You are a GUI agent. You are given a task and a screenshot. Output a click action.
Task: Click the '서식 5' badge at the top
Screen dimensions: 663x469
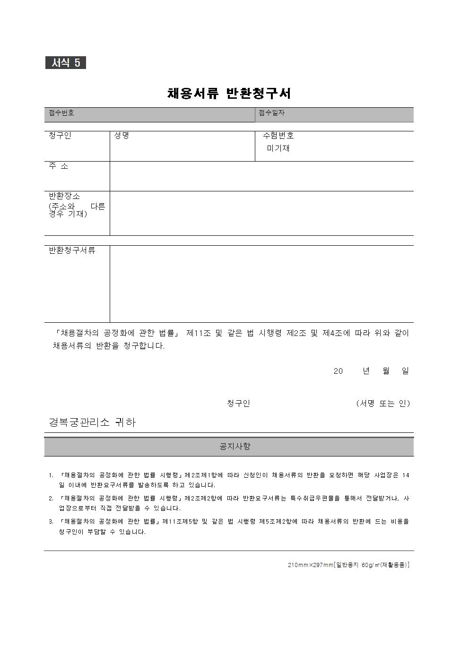click(x=66, y=63)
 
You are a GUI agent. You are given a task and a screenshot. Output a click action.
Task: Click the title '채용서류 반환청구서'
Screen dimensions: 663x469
click(x=229, y=93)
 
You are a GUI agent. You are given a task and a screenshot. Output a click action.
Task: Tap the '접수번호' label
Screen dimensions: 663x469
click(x=61, y=113)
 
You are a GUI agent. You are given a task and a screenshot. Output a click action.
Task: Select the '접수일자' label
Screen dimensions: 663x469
click(x=271, y=113)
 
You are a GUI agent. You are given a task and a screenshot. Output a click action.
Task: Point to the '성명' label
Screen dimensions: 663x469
click(x=122, y=136)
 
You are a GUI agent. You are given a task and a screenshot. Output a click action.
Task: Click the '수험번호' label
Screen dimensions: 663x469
click(x=278, y=136)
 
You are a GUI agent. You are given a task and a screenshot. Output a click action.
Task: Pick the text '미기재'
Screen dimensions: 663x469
click(x=278, y=148)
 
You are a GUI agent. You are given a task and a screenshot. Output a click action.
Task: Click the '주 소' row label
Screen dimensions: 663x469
click(x=59, y=166)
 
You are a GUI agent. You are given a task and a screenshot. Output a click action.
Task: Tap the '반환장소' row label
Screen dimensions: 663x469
click(x=65, y=196)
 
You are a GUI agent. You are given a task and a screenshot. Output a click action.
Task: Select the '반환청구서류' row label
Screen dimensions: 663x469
click(x=72, y=250)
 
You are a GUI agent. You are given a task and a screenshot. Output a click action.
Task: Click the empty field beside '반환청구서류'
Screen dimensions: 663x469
click(x=261, y=284)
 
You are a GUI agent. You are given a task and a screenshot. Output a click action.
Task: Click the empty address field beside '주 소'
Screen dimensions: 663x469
click(x=261, y=176)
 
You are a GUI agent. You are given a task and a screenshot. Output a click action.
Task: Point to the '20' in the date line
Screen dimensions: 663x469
click(x=338, y=371)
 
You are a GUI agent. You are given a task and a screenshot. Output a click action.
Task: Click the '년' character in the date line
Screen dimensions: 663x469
click(x=366, y=371)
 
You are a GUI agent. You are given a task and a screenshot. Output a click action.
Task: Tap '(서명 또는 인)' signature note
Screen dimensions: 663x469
click(x=383, y=404)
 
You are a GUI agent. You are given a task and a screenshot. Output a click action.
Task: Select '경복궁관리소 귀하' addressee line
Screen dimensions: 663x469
click(x=92, y=422)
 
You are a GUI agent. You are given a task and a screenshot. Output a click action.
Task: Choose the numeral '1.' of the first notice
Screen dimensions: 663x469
click(x=51, y=475)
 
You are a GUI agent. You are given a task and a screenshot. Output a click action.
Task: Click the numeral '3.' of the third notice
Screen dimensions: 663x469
click(x=51, y=522)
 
